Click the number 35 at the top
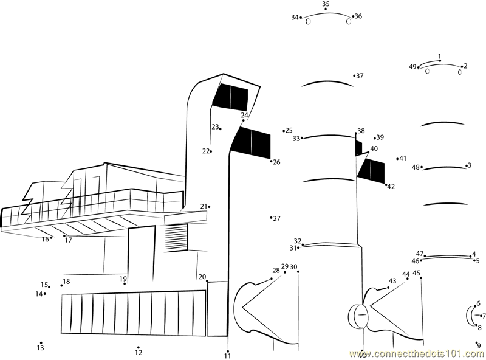pos(326,4)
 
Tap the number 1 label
pos(440,57)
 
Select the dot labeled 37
pos(354,76)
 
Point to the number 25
pos(289,131)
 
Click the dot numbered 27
pos(271,217)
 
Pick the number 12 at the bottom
pos(139,353)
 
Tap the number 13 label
pos(40,348)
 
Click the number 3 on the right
pos(469,165)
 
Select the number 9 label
pos(479,346)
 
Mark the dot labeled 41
pos(398,159)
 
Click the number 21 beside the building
pos(204,206)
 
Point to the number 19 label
pos(123,279)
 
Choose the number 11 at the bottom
pos(227,356)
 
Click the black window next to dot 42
pos(372,170)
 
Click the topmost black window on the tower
pos(231,97)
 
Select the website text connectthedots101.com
pos(416,353)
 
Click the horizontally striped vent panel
pos(177,232)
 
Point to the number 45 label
pos(416,273)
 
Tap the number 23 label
pos(215,127)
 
